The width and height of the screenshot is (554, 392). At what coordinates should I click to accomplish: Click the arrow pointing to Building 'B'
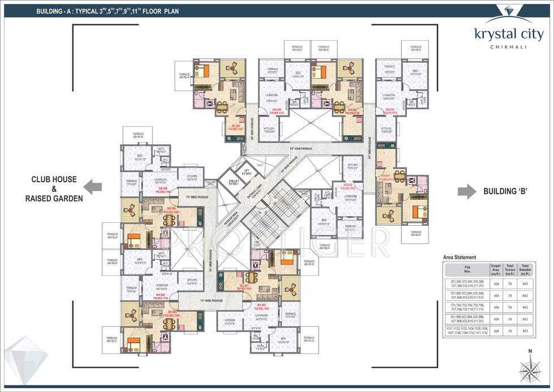[x=466, y=191]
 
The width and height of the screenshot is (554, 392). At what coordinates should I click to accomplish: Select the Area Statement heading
[x=460, y=257]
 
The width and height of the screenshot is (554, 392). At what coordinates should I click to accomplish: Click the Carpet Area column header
[x=496, y=268]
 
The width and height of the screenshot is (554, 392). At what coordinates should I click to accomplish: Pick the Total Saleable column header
[x=525, y=268]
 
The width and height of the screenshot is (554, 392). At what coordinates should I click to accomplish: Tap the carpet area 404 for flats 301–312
[x=496, y=283]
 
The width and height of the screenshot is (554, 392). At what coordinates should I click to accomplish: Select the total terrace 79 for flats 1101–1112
[x=510, y=331]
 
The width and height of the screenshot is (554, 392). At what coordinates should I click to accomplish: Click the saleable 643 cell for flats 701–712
[x=525, y=307]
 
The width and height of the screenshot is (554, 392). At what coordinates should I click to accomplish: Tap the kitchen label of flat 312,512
[x=352, y=167]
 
